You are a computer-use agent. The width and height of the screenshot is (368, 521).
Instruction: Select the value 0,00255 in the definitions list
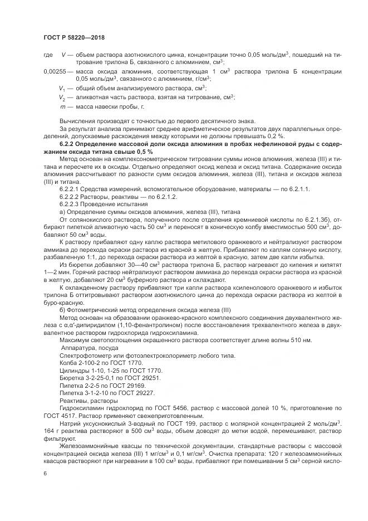(55, 72)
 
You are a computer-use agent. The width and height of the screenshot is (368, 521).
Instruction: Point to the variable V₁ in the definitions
(62, 88)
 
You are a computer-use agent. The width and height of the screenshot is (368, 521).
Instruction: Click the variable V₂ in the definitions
(62, 97)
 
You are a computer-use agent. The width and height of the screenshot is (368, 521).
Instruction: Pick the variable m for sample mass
(62, 106)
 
